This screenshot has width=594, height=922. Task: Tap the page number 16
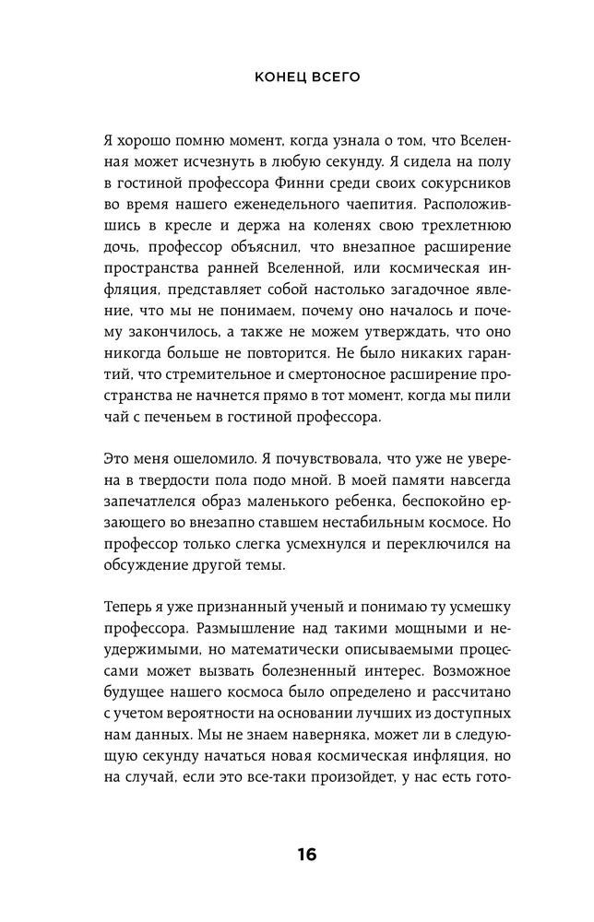(x=306, y=854)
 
